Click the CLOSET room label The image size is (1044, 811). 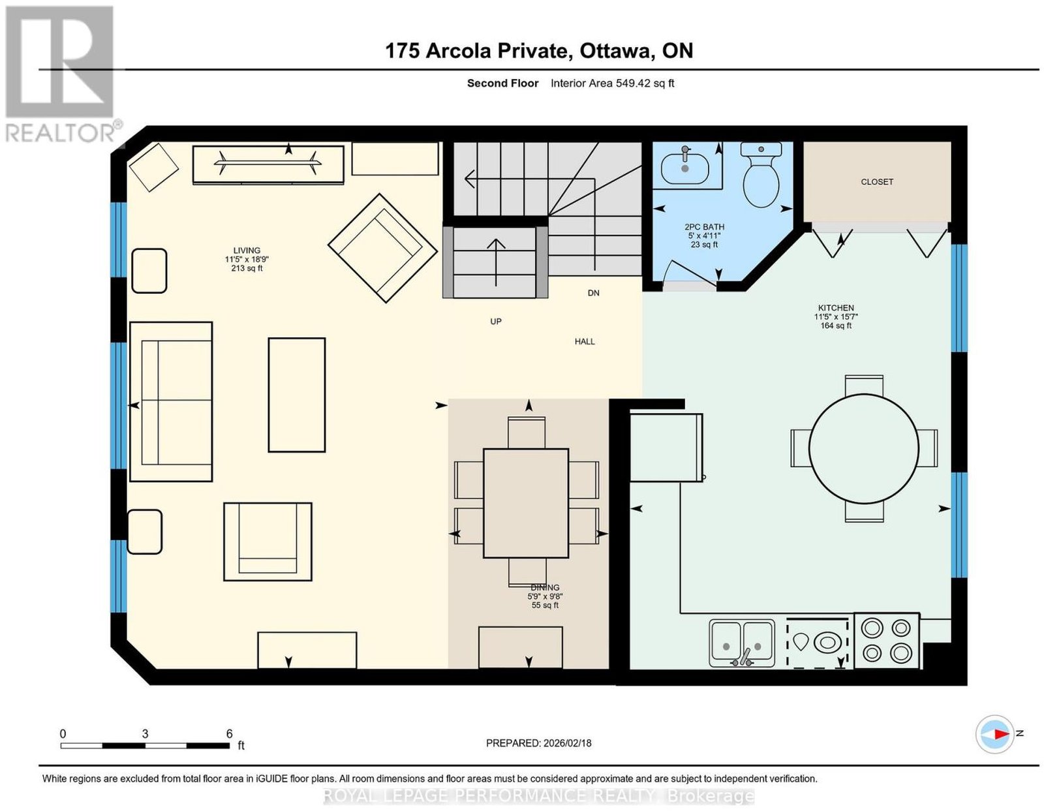point(877,181)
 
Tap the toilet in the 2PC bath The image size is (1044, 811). point(761,174)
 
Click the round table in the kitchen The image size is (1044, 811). point(864,448)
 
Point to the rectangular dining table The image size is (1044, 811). point(526,503)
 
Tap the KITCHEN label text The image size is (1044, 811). point(836,308)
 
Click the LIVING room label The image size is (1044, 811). point(247,250)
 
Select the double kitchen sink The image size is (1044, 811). point(742,643)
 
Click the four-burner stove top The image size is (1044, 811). point(886,641)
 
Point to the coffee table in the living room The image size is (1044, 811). point(296,395)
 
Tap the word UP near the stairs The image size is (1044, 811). point(496,321)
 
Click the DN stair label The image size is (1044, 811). point(593,292)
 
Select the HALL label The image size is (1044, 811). point(585,341)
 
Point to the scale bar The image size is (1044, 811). point(145,746)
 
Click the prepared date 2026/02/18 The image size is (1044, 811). point(568,742)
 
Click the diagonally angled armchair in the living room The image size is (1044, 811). point(382,248)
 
